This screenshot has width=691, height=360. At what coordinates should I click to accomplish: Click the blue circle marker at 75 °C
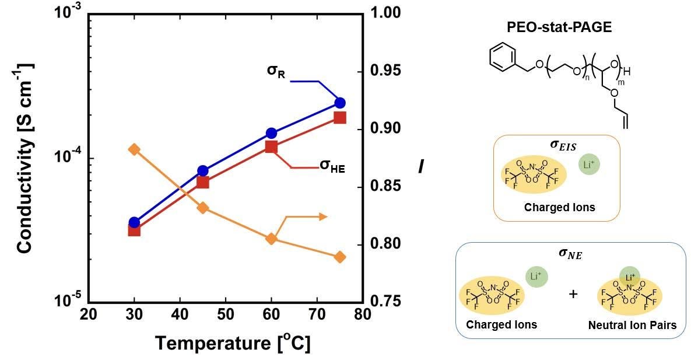tap(339, 103)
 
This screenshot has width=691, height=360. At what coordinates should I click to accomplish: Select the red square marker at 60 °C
tap(271, 146)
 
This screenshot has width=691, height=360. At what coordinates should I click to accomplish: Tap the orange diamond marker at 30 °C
tap(134, 150)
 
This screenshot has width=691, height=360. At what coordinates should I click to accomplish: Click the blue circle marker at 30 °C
tap(134, 222)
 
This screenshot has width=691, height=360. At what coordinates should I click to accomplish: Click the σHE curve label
tap(332, 166)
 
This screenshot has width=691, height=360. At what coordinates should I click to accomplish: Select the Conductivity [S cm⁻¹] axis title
tap(24, 159)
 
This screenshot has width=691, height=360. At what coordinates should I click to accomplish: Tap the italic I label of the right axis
tap(421, 166)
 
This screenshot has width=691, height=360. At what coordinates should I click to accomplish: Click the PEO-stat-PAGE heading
tap(559, 27)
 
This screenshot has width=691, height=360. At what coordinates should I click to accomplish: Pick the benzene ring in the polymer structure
tap(501, 57)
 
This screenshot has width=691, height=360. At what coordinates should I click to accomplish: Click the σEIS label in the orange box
tap(556, 145)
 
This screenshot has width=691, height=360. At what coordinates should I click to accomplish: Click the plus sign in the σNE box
tap(573, 293)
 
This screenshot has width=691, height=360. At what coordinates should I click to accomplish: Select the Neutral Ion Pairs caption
tap(632, 326)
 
